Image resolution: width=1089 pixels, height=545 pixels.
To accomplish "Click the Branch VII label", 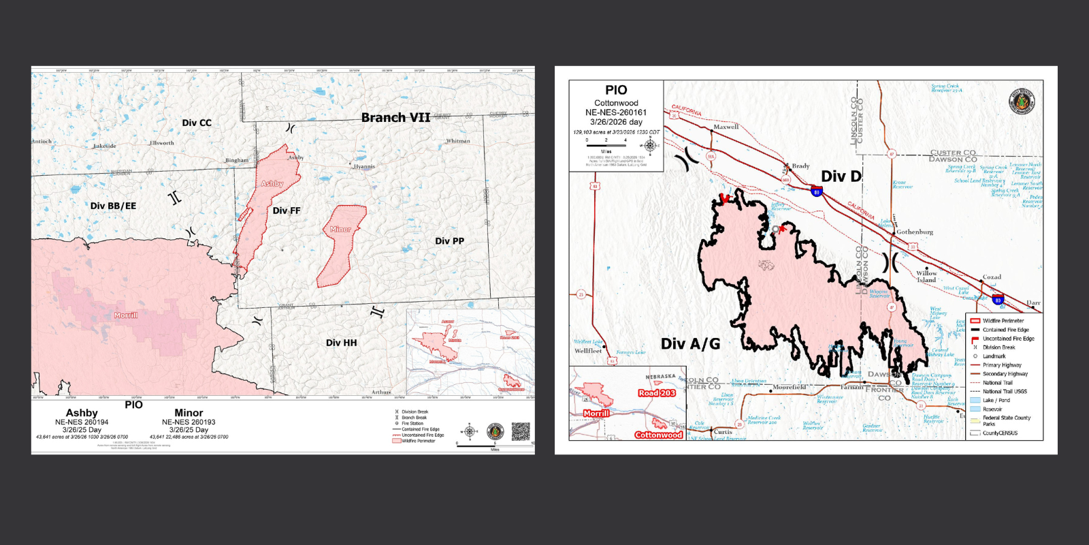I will [395, 118].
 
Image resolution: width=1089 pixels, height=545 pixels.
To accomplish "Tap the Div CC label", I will [197, 123].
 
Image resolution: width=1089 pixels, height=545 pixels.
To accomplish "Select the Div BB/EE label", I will [113, 206].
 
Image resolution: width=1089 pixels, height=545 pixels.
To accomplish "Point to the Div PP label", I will [449, 241].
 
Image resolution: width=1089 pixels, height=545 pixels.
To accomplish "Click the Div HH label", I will [341, 343].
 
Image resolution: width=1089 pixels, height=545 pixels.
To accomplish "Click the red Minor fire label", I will [340, 230].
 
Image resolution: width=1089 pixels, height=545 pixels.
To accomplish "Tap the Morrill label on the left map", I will [126, 315].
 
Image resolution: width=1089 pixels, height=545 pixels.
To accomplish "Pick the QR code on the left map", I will [521, 431].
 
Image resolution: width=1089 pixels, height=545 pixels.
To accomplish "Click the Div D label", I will [841, 176].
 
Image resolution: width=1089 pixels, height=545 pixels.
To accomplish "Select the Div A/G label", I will [690, 344].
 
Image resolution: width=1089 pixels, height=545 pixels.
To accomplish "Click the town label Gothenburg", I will [915, 232].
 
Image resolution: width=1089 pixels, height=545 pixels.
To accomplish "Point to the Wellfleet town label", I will [588, 351].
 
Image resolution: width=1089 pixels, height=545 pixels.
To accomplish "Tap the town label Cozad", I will [992, 277].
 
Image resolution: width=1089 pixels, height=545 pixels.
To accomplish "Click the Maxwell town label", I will [726, 127].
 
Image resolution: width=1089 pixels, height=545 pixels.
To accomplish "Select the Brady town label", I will [800, 166].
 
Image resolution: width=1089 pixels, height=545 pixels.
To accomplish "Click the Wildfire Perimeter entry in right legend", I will [1003, 321].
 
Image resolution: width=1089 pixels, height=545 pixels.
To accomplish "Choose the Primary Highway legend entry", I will [1001, 365].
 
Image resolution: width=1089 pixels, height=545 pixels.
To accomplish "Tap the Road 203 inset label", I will [657, 393].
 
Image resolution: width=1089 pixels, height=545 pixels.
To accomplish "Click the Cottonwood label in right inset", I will [658, 435].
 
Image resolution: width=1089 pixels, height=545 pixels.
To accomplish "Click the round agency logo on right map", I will [1021, 102].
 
